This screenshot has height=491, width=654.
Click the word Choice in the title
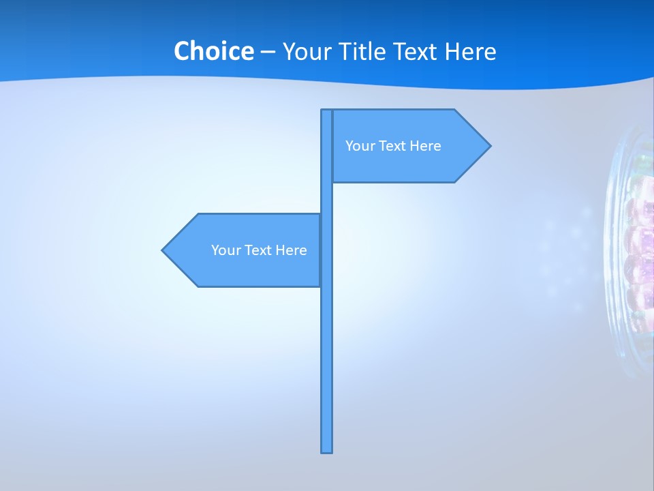coord(213,51)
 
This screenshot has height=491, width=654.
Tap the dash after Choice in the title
coord(268,52)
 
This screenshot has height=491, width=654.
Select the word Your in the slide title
coord(306,52)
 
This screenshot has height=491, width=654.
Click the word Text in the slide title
coord(420,52)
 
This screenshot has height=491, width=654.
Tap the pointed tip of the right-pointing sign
coord(488,145)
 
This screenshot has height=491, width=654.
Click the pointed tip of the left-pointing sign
coord(163,250)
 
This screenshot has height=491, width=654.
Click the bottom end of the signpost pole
coord(327,450)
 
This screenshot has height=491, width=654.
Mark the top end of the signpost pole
coord(326,111)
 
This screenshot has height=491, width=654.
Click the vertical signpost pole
coord(327,341)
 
